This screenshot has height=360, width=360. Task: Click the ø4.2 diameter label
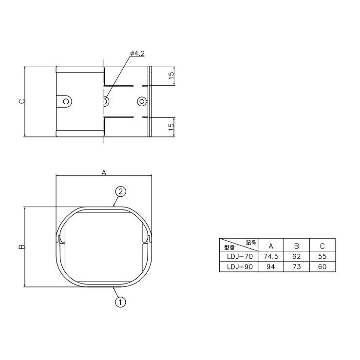[137, 54]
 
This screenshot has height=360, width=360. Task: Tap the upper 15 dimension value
[171, 76]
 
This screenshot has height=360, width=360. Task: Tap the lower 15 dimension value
[171, 127]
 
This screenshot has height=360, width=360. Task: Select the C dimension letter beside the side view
[22, 101]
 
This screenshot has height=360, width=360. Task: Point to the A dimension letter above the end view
[104, 172]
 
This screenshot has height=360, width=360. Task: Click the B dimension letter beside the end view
[22, 246]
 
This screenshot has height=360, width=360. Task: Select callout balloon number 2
[120, 191]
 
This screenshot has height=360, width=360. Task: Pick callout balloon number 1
[120, 302]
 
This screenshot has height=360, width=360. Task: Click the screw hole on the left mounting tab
[66, 101]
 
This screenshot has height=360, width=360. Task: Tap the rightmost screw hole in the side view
[142, 101]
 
